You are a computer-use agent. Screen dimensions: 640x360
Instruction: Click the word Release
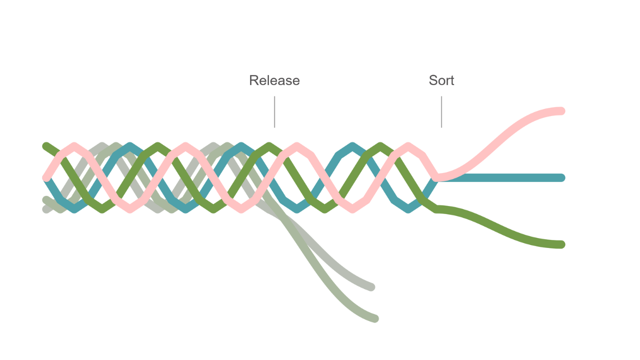click(274, 80)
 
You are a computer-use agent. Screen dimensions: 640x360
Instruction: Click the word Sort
click(441, 80)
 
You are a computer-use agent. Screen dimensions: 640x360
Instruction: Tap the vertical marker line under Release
click(274, 111)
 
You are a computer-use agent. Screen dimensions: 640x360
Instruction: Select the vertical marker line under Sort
click(441, 111)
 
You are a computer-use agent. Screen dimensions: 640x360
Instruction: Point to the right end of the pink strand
click(561, 111)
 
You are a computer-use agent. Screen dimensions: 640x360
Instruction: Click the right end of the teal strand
click(561, 177)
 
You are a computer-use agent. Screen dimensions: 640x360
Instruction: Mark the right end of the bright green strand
click(561, 244)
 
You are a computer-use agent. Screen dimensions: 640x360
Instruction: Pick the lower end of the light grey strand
click(371, 287)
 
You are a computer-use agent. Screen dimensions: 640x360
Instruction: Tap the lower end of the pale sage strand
click(375, 318)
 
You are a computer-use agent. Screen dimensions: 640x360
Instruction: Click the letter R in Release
click(253, 80)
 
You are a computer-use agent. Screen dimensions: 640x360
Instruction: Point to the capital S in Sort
click(433, 80)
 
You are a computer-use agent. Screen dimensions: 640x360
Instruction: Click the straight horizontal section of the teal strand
click(500, 177)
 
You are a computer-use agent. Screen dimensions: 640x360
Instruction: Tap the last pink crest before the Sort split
click(408, 146)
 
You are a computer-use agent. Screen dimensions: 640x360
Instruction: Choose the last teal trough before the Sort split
click(408, 209)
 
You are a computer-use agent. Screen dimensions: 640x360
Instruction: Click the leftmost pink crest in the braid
click(74, 146)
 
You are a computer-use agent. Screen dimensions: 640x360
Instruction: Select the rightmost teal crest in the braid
click(352, 146)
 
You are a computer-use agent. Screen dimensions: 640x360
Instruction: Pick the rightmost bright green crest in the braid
click(380, 146)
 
